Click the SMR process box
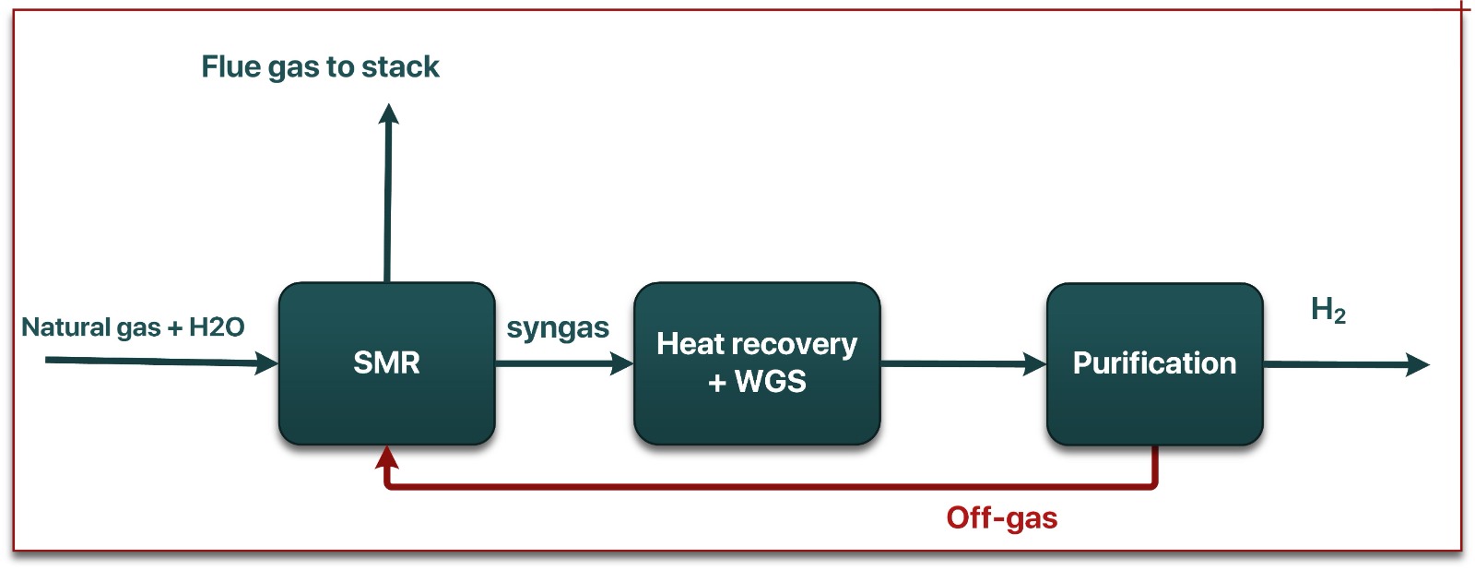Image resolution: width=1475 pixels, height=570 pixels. point(386,362)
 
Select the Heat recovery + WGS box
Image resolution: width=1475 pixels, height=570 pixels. point(757,362)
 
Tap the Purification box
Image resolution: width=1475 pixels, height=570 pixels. point(1154,363)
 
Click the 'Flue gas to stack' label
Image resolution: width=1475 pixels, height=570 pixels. point(320,66)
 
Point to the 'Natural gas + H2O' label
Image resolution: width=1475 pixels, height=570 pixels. point(133,327)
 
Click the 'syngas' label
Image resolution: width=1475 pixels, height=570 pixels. point(558,328)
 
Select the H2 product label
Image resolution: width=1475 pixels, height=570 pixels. point(1328,310)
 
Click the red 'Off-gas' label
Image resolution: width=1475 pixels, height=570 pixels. point(1001,517)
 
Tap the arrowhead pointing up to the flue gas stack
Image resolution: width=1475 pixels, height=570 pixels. point(389,114)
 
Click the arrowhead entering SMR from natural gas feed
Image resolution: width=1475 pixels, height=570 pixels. point(267,363)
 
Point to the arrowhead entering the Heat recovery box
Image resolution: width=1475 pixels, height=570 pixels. point(623,364)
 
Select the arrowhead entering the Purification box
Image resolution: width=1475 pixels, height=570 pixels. point(1035,364)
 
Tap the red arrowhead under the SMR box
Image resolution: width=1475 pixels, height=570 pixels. point(387,457)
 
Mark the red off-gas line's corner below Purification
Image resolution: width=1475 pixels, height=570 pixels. point(1154,484)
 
